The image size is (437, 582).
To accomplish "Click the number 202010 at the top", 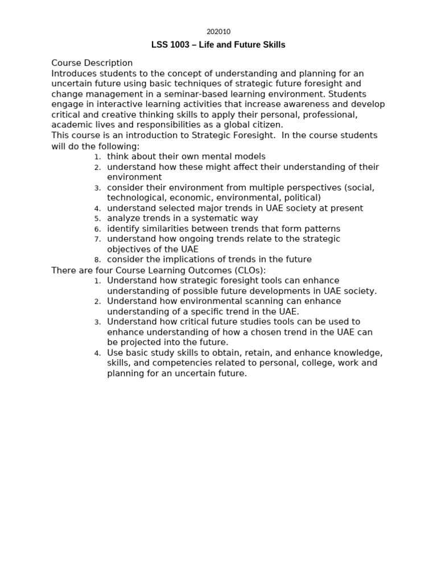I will (218, 32).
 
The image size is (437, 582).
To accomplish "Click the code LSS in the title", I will (160, 45).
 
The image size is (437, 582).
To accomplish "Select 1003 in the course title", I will (180, 45).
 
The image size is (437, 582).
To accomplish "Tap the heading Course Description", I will (92, 63).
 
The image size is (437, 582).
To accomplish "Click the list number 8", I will (97, 260).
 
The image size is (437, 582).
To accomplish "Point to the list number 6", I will (97, 229).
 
